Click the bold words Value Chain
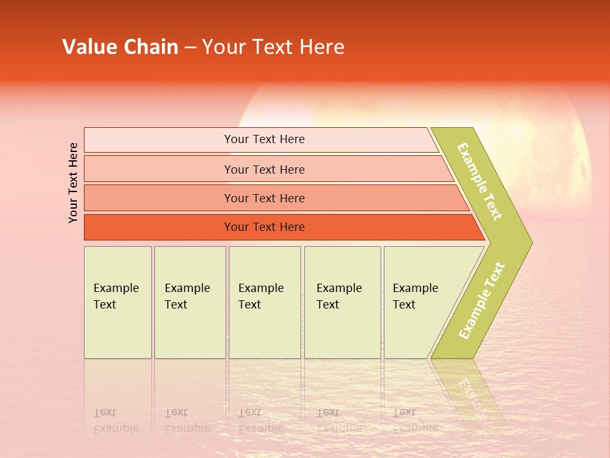(x=120, y=47)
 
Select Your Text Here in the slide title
(x=273, y=47)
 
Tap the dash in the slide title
(x=190, y=48)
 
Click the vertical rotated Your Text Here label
(x=74, y=183)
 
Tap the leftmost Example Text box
(x=118, y=302)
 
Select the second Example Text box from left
(x=190, y=302)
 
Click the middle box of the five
(x=264, y=302)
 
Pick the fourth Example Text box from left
(x=342, y=302)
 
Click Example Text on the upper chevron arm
(x=480, y=182)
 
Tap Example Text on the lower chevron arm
(x=482, y=300)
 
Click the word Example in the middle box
(x=261, y=288)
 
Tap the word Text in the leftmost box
(x=105, y=305)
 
